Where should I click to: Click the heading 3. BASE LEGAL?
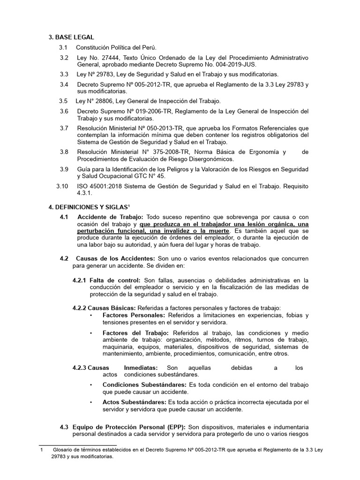tap(71, 37)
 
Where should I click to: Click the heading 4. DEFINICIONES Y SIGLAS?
tap(89, 207)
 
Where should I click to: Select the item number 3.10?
tap(62, 186)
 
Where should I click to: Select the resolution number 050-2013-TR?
tap(168, 128)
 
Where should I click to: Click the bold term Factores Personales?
tap(131, 315)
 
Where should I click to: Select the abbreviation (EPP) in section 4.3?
tap(175, 427)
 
